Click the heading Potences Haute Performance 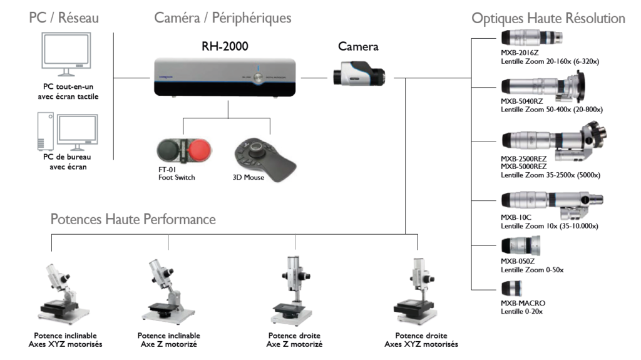click(133, 220)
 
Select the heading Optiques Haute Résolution click(548, 19)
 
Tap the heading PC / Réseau click(64, 18)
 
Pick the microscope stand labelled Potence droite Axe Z click(294, 291)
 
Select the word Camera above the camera click(358, 46)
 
